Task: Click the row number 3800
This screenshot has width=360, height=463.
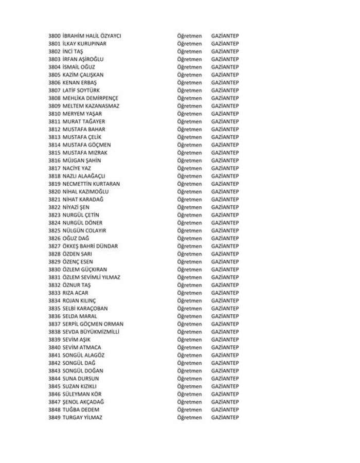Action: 54,35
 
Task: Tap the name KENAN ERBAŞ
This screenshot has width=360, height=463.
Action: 80,82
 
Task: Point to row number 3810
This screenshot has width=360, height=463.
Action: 54,114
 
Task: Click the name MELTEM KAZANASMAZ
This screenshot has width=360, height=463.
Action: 91,106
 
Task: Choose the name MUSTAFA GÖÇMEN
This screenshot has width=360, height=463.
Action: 86,145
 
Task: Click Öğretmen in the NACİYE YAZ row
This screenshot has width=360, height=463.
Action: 189,168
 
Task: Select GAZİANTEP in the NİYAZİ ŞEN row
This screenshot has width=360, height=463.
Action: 225,207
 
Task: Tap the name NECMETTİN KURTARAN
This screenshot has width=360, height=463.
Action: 92,184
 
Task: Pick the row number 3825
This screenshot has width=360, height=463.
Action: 54,230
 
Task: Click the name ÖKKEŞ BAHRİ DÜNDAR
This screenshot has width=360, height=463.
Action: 90,246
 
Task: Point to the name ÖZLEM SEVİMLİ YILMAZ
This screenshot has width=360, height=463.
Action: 92,277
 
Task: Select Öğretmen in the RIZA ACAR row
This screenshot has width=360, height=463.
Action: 189,293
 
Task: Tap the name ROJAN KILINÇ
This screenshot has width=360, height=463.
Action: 79,300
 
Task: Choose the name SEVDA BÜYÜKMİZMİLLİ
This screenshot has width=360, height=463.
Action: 91,332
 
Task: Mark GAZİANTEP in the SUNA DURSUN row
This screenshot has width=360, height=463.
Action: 225,379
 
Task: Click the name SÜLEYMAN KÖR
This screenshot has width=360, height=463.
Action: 81,394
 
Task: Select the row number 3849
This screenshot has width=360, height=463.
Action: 54,417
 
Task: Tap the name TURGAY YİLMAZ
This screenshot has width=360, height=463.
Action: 82,417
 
